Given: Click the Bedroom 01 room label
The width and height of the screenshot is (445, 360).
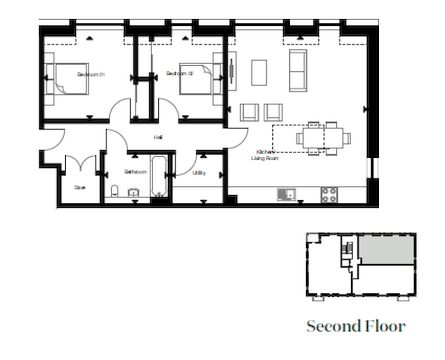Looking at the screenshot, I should (x=91, y=74).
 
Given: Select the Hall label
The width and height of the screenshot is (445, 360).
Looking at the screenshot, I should (x=158, y=137).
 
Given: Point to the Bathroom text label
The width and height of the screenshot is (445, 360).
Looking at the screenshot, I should (x=135, y=172).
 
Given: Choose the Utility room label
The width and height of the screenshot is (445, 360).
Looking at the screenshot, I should (x=199, y=173).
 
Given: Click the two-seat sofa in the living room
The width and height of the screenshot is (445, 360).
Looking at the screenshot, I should (x=298, y=70).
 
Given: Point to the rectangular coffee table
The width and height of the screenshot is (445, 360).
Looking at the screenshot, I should (x=259, y=72).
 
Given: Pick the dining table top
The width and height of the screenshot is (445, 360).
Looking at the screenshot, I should (x=323, y=138).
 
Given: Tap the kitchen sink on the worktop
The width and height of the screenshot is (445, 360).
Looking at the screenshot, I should (x=286, y=194).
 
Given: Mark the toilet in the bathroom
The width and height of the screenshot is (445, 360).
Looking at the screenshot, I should (x=114, y=191).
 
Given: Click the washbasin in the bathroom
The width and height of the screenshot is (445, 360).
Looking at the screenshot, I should (x=133, y=192).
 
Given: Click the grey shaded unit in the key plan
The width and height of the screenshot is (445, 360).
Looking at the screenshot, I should (x=386, y=250).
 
